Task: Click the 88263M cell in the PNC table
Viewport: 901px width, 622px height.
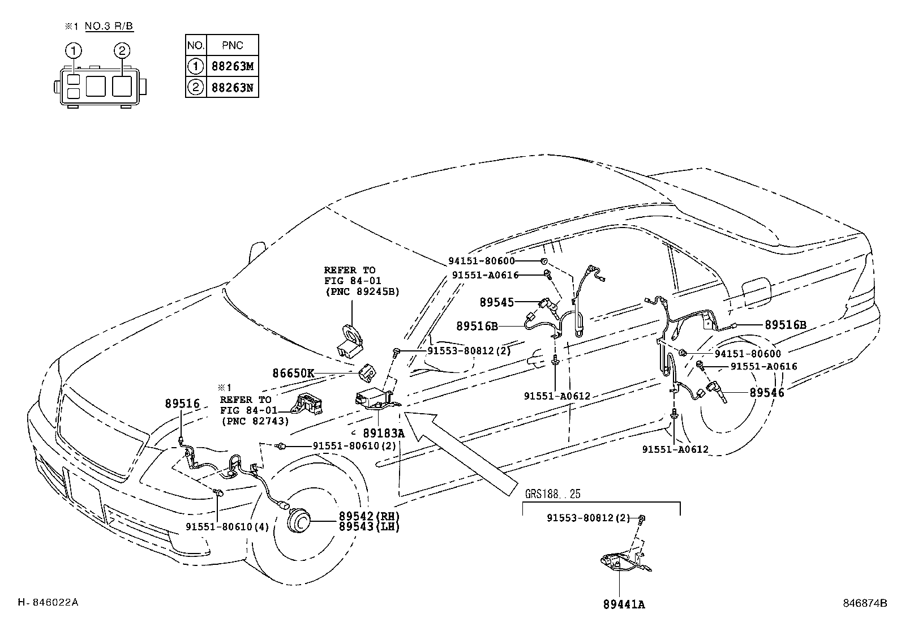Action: [233, 66]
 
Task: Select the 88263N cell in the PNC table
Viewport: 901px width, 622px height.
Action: [233, 87]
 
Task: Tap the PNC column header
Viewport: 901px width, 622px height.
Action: [233, 45]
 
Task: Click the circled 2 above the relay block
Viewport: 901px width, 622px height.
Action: [122, 51]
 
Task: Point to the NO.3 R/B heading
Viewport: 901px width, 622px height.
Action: [109, 26]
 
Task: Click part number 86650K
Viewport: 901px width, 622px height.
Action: [293, 373]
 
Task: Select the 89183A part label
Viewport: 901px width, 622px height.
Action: [384, 433]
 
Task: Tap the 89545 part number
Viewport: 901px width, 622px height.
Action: [497, 302]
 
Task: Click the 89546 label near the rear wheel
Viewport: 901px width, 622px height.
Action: [767, 392]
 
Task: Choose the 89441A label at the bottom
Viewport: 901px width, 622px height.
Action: [624, 604]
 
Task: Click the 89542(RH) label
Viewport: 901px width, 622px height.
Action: [369, 516]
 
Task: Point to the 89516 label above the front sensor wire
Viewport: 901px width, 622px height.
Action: [182, 404]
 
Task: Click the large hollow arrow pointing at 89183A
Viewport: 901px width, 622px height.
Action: [461, 453]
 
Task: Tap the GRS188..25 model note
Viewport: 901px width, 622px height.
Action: [553, 494]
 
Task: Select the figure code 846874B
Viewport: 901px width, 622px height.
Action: [865, 603]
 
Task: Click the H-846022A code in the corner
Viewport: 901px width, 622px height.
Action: [48, 602]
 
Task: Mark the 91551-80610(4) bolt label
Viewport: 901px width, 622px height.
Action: [228, 527]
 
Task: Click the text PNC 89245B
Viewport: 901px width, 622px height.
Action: [362, 291]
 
